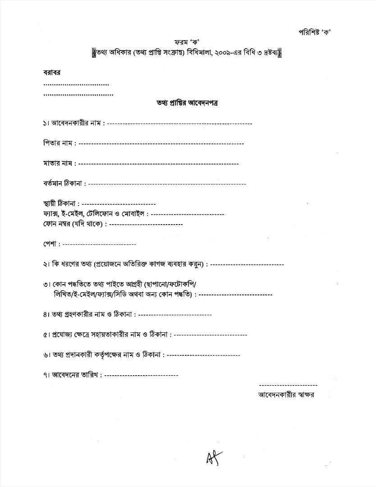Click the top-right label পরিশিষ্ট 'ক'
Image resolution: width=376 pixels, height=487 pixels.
[x=315, y=32]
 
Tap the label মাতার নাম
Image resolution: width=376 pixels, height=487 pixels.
[x=58, y=163]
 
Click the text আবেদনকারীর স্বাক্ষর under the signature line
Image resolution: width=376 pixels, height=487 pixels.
[x=286, y=395]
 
